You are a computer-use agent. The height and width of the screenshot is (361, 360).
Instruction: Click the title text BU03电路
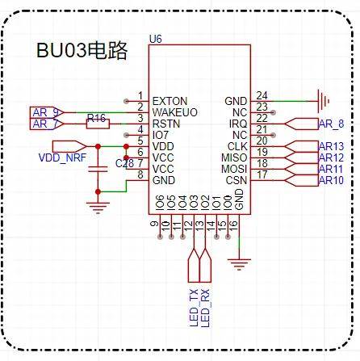click(83, 51)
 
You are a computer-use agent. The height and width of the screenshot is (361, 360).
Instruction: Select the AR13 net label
click(331, 146)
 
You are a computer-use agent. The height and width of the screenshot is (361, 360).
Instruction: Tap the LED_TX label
click(193, 308)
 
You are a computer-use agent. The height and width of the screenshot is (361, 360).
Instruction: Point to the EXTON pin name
click(170, 100)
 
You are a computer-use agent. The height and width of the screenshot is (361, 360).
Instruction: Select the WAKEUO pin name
click(175, 111)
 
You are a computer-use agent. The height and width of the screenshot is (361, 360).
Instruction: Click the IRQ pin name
click(239, 123)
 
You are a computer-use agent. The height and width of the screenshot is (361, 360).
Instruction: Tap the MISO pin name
click(236, 157)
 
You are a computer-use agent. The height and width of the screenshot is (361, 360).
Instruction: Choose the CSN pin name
click(237, 179)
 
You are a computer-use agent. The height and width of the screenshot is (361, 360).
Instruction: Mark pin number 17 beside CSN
click(262, 174)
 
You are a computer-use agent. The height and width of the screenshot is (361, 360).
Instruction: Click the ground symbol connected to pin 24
click(324, 101)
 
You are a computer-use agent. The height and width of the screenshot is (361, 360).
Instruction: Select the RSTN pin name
click(166, 123)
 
